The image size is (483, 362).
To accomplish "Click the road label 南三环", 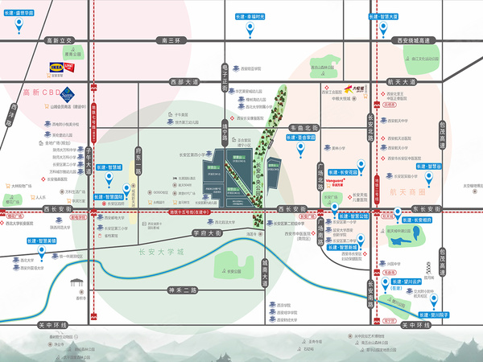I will pyautogui.click(x=173, y=39).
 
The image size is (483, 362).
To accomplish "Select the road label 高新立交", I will pyautogui.click(x=59, y=39).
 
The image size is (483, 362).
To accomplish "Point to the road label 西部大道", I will pyautogui.click(x=183, y=81).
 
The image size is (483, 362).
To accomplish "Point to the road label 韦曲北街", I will pyautogui.click(x=305, y=127).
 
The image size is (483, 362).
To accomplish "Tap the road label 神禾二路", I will pyautogui.click(x=176, y=290).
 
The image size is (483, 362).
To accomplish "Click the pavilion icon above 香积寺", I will pyautogui.click(x=77, y=283).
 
